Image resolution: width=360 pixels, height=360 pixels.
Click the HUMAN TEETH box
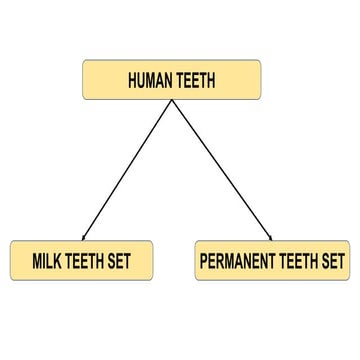[x=171, y=80]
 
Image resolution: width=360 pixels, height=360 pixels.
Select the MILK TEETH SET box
[x=82, y=261]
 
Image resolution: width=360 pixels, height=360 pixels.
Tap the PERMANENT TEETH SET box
[x=272, y=261]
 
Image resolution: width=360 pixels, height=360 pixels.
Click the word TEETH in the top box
[x=195, y=81]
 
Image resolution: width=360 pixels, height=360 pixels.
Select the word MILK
[x=48, y=262]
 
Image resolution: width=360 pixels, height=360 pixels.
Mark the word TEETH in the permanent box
[x=297, y=262]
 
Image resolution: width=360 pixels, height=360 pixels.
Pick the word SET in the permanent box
[x=332, y=262]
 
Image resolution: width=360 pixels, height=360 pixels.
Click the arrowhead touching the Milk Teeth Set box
[x=84, y=237]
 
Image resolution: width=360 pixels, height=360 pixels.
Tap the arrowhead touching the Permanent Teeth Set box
[x=269, y=237]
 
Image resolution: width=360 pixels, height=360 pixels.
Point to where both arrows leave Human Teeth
[x=173, y=101]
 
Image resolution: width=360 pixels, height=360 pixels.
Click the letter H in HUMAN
[x=132, y=81]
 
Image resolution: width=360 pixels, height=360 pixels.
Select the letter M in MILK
[x=37, y=262]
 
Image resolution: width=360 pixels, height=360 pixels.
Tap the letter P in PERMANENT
[x=205, y=262]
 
